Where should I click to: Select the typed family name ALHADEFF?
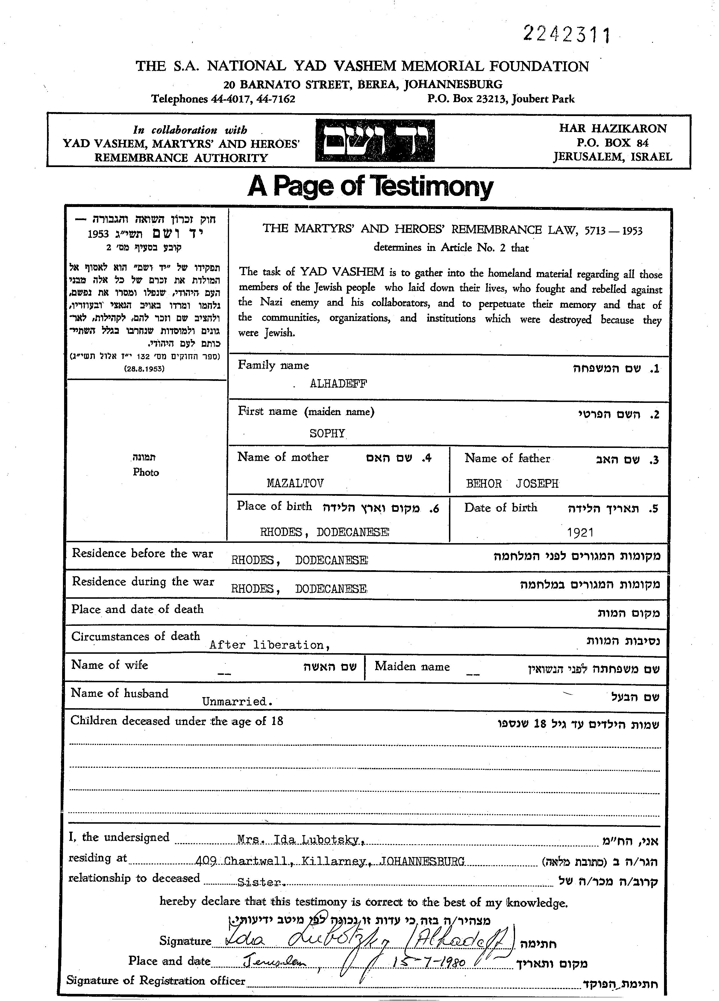[338, 383]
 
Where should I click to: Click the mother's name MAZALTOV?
[295, 483]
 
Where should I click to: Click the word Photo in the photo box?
[146, 472]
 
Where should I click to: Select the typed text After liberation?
[269, 645]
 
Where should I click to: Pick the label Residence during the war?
[143, 582]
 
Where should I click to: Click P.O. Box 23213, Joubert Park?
[501, 99]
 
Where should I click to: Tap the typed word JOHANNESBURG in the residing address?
[422, 861]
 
